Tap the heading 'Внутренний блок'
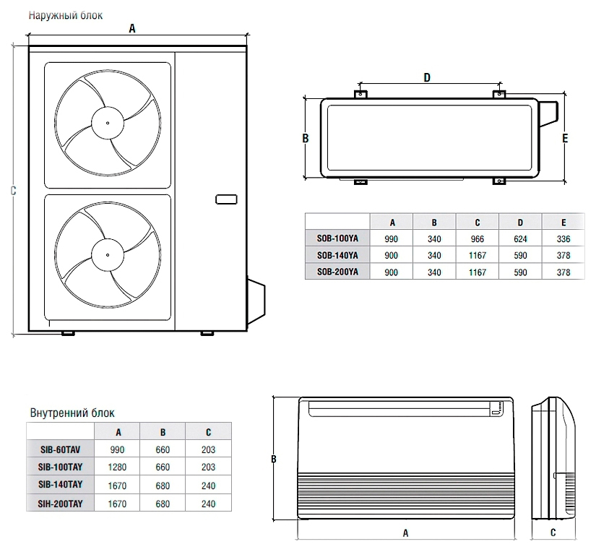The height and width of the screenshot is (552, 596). point(72,413)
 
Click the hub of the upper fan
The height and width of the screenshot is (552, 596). point(108,123)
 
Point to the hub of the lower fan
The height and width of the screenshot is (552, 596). point(108,254)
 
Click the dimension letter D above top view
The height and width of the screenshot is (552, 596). point(427,77)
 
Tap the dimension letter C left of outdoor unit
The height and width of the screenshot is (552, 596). point(14,190)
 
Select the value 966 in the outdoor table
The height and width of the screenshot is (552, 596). point(478,238)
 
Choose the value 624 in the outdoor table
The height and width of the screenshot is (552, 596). point(521,238)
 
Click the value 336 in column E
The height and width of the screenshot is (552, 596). point(564,238)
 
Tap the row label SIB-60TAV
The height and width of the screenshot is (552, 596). point(61,449)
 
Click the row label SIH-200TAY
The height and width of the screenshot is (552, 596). point(61,503)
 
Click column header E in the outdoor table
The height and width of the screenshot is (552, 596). point(564,221)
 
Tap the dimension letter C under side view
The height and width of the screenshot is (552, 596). point(553,533)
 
